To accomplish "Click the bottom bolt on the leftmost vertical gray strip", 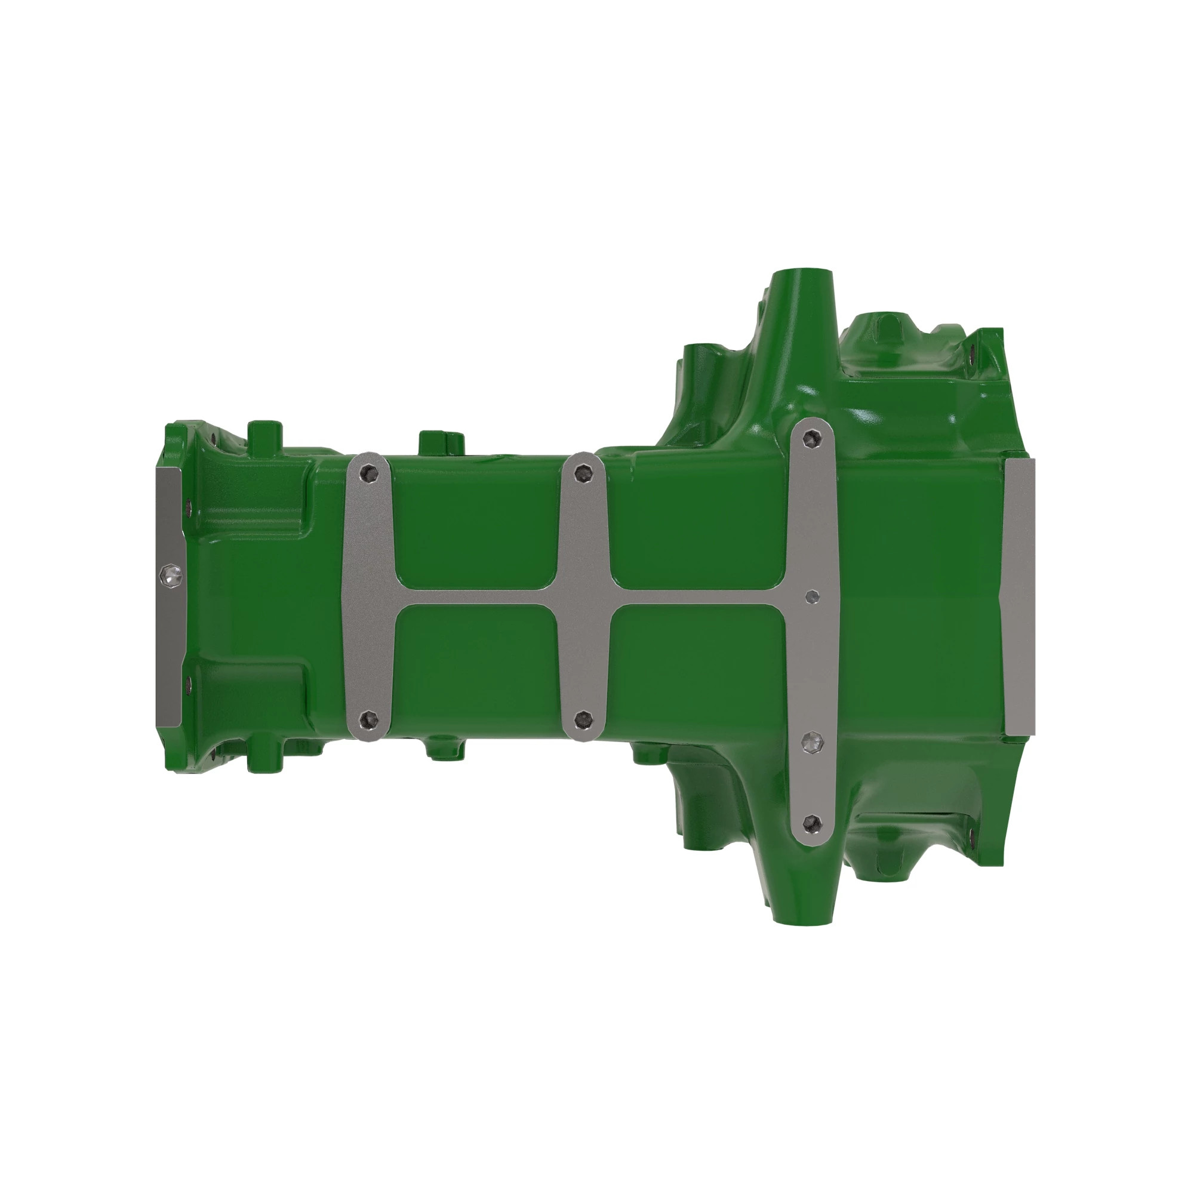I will (369, 718).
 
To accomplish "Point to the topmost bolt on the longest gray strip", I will (812, 439).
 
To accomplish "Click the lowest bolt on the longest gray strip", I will (813, 823).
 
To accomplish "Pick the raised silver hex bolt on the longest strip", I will (813, 743).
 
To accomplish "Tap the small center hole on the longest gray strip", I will (813, 596).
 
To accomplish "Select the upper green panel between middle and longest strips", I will (698, 525).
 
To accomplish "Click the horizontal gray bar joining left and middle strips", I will (476, 596).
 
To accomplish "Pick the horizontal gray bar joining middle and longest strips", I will (698, 596).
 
